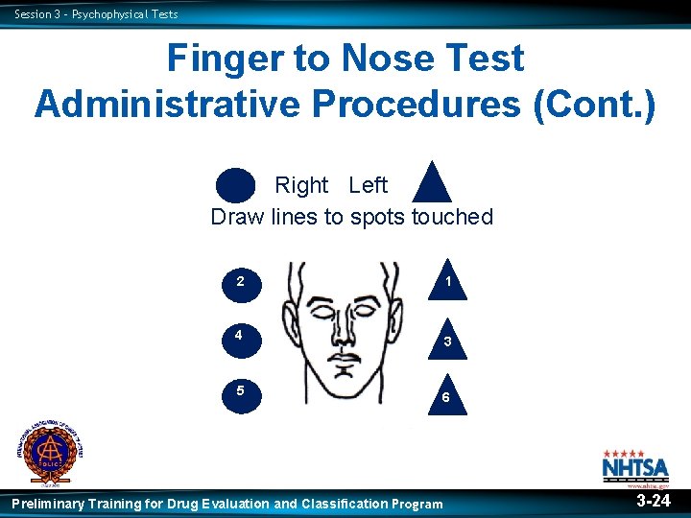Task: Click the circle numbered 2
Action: (x=240, y=282)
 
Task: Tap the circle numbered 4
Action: (x=240, y=337)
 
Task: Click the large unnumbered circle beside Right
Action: (x=236, y=186)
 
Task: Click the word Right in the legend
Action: (x=301, y=185)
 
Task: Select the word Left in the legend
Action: (x=368, y=185)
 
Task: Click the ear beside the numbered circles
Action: (x=290, y=316)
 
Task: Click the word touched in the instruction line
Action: (x=452, y=217)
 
